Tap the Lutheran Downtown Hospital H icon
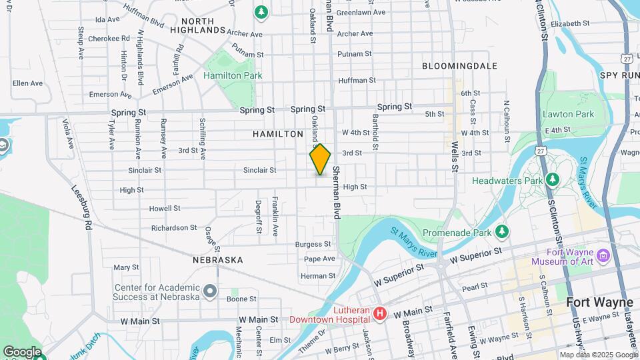pos(380,313)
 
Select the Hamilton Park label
pos(233,76)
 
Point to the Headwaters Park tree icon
pos(552,180)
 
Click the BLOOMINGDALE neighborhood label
pos(459,66)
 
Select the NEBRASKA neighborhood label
pos(218,259)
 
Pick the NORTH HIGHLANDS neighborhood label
pos(197,25)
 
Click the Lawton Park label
pos(568,114)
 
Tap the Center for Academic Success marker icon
pos(211,291)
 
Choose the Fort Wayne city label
pos(599,303)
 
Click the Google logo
pos(22,351)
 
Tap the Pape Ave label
pos(319,259)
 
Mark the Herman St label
pos(318,276)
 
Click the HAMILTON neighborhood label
pos(278,134)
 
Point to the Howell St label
pos(165,208)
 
